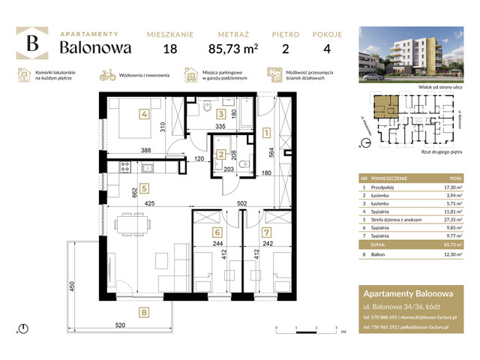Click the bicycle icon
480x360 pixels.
click(x=106, y=75)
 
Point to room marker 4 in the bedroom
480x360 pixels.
click(x=143, y=115)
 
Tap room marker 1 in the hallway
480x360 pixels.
click(x=266, y=135)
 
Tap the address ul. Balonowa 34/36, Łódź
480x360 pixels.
click(x=398, y=307)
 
